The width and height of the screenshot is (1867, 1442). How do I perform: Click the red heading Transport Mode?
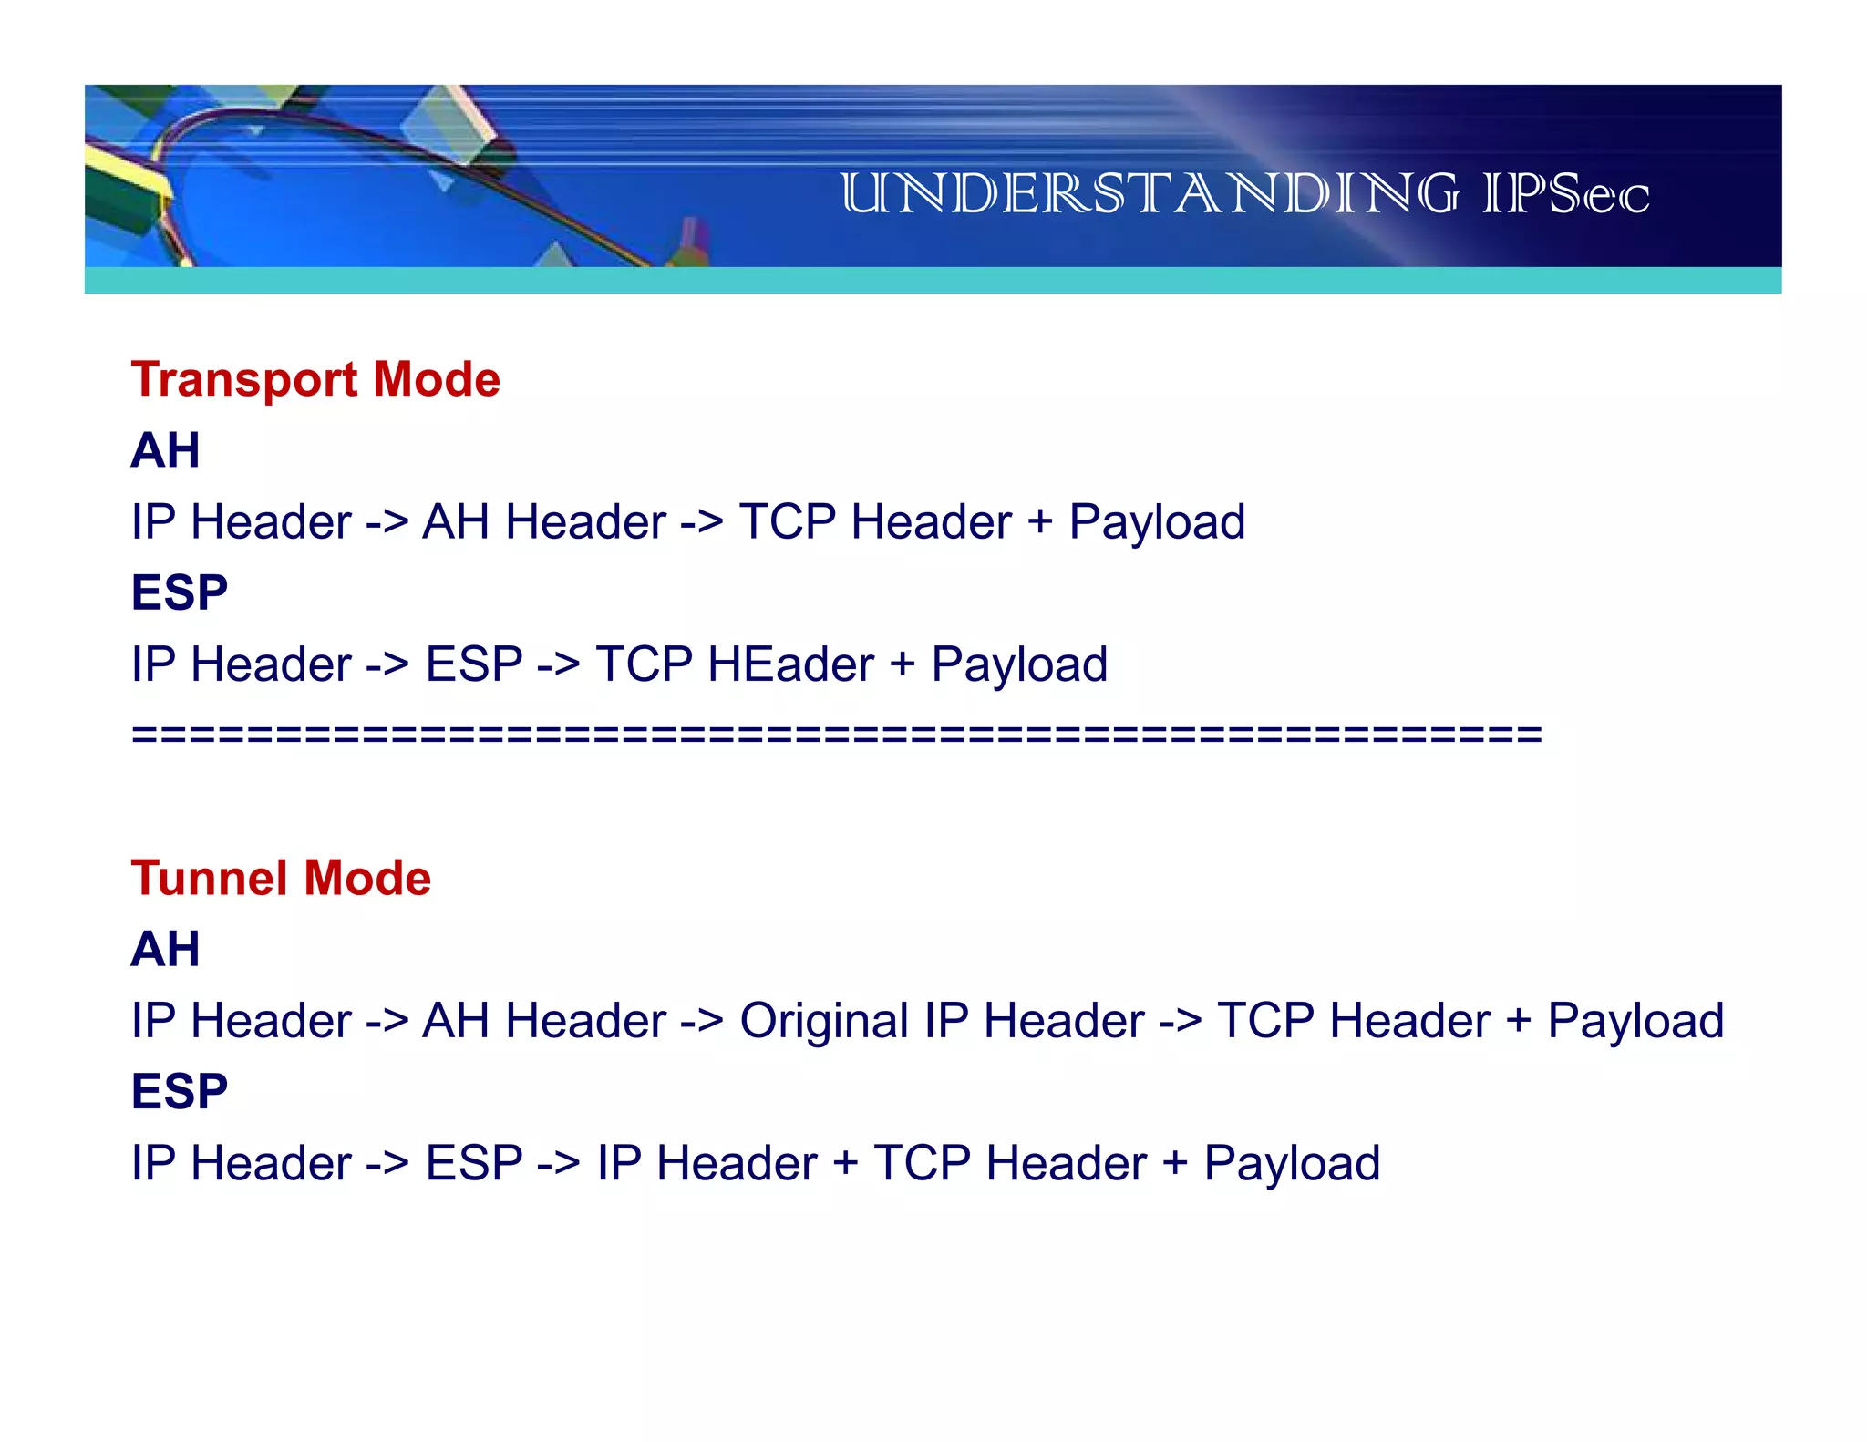pyautogui.click(x=315, y=379)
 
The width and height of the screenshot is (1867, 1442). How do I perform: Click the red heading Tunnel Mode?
pyautogui.click(x=281, y=878)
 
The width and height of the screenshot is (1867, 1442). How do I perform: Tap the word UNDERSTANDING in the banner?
pyautogui.click(x=1149, y=194)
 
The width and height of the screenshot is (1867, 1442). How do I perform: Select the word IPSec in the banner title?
pyautogui.click(x=1565, y=194)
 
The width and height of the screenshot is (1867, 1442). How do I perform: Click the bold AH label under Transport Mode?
pyautogui.click(x=165, y=450)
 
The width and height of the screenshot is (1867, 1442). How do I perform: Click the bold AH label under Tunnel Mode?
pyautogui.click(x=165, y=949)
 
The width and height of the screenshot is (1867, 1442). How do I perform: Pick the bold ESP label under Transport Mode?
pyautogui.click(x=179, y=592)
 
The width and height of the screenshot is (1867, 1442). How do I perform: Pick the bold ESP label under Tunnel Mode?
pyautogui.click(x=179, y=1091)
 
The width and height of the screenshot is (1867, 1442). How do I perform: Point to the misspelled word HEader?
pyautogui.click(x=790, y=664)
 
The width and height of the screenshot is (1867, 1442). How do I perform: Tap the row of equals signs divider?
pyautogui.click(x=836, y=734)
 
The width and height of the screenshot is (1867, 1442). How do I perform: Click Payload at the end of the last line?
pyautogui.click(x=1292, y=1163)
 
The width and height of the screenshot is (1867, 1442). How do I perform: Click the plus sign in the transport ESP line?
pyautogui.click(x=902, y=664)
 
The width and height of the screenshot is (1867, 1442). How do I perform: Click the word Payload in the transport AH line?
pyautogui.click(x=1157, y=521)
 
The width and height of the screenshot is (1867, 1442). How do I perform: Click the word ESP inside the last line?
pyautogui.click(x=474, y=1163)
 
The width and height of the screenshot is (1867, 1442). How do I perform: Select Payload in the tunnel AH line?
pyautogui.click(x=1635, y=1020)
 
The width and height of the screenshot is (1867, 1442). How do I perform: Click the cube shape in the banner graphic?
pyautogui.click(x=451, y=128)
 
